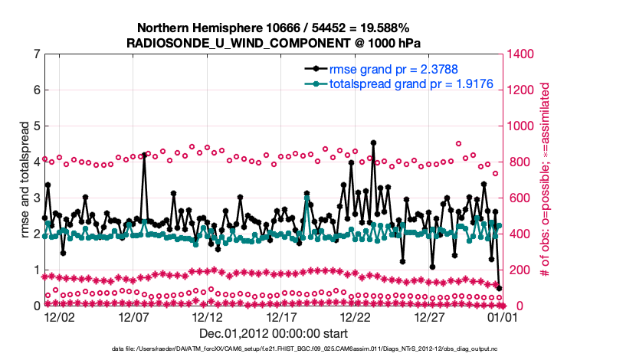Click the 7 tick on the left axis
[x=36, y=54]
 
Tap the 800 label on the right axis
[x=515, y=162]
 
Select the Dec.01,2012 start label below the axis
[x=274, y=333]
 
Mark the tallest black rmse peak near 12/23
[x=373, y=142]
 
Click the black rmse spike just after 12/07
[x=144, y=155]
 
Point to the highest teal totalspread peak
[x=307, y=198]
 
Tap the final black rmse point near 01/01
[x=500, y=288]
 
